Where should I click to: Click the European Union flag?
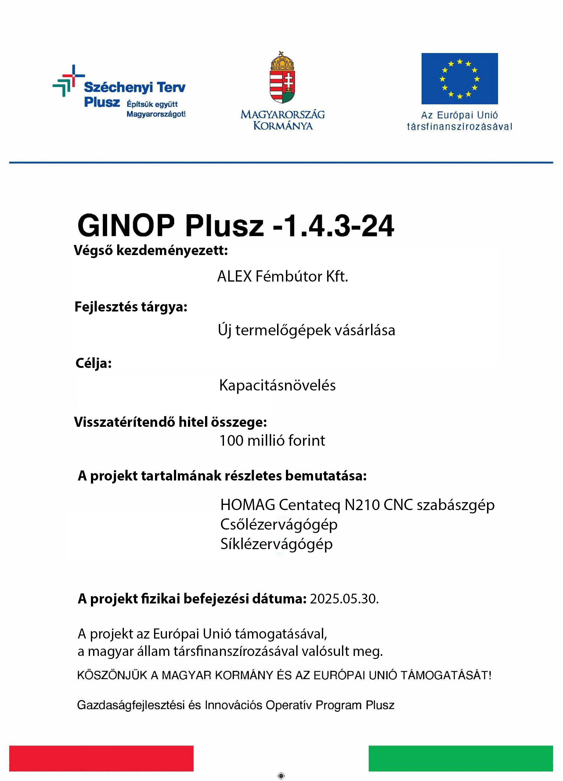pos(459,78)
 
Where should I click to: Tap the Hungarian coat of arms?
pos(283,78)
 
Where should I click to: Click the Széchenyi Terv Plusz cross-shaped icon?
pos(68,81)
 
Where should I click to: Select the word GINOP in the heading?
pos(126,225)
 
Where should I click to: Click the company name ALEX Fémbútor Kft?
pos(283,276)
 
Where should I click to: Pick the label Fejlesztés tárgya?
pos(131,307)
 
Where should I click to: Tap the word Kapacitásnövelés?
pos(277,385)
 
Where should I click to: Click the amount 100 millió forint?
pos(272,441)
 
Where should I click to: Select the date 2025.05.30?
pos(344,599)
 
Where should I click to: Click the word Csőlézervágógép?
pos(279,524)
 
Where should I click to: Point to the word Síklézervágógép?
pos(276,544)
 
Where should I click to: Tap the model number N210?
pos(362,505)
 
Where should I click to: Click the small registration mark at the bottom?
pos(281,776)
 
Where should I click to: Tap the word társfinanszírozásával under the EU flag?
pos(459,127)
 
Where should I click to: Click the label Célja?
pos(94,363)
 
